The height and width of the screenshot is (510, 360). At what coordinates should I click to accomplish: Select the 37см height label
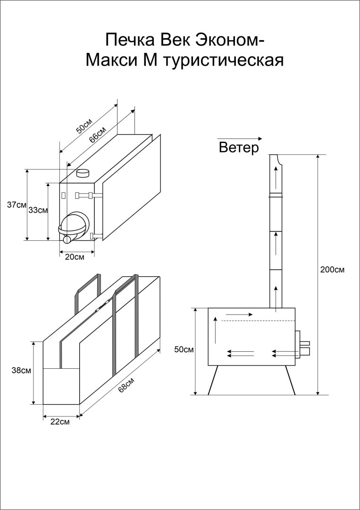coord(17,205)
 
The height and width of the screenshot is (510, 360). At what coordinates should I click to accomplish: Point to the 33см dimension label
coord(38,211)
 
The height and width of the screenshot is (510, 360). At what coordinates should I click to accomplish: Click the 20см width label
coord(75,257)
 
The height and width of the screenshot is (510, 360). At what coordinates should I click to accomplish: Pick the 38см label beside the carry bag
coord(21,371)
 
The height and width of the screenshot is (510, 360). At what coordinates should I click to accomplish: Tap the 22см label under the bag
coord(60,422)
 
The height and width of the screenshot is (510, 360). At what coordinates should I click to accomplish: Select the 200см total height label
coord(333,270)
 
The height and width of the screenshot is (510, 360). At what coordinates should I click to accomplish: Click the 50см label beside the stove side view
coord(184,350)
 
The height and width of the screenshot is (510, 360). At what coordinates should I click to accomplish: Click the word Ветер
coord(239,148)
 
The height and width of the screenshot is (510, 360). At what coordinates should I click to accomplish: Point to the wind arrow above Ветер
coord(239,139)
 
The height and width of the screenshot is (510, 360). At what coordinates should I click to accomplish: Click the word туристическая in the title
coord(223,60)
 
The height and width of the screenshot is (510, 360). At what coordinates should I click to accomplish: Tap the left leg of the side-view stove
coord(213,380)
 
